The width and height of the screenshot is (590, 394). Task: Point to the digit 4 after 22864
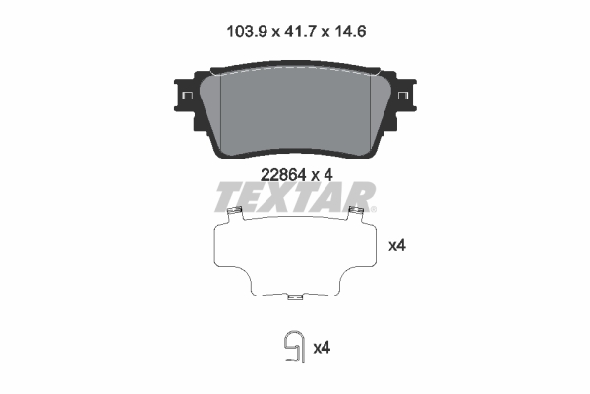pyautogui.click(x=331, y=174)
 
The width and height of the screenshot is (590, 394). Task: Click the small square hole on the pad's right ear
pyautogui.click(x=403, y=95)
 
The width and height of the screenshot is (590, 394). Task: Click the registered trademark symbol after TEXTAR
pyautogui.click(x=373, y=209)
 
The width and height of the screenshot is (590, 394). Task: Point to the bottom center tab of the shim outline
pyautogui.click(x=295, y=292)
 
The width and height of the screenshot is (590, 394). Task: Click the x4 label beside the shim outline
pyautogui.click(x=397, y=246)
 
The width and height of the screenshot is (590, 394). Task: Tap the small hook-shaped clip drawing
pyautogui.click(x=291, y=347)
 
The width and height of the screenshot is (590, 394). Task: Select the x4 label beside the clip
pyautogui.click(x=321, y=348)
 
